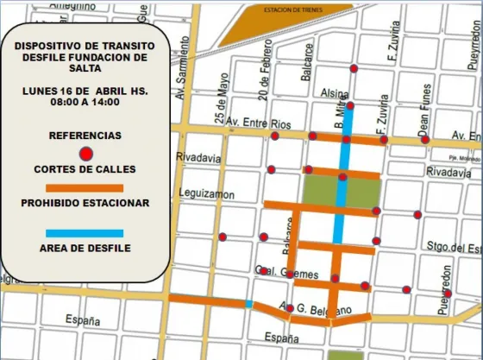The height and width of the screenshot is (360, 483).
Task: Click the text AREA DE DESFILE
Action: [x=85, y=249]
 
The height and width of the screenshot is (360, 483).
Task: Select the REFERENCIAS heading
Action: [x=85, y=136]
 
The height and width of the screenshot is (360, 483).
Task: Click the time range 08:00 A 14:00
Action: [x=85, y=102]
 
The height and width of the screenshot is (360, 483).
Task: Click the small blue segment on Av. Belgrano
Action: [x=249, y=304]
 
